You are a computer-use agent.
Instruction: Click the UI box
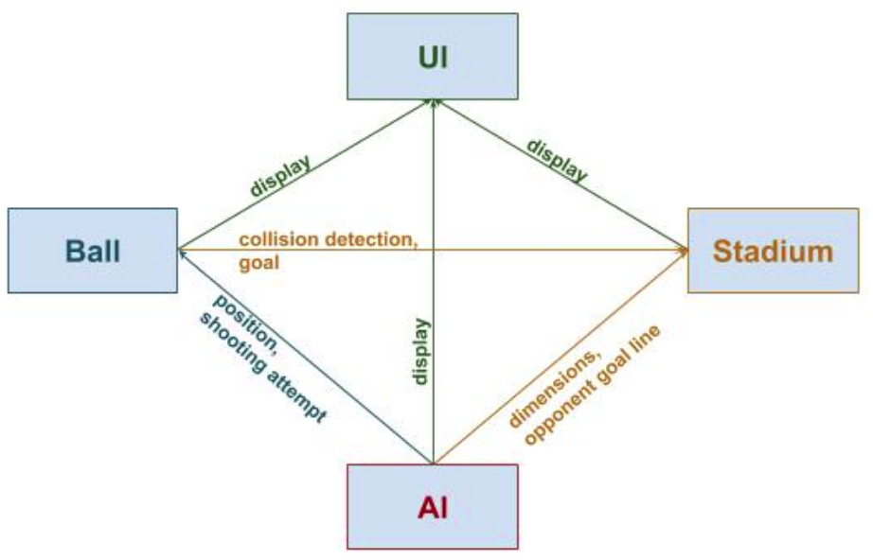(432, 56)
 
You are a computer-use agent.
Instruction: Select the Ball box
(93, 251)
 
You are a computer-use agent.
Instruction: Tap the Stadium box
(773, 251)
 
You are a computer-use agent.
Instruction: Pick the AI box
(433, 507)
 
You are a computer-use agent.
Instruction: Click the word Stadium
(773, 252)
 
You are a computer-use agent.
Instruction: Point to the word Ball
(94, 252)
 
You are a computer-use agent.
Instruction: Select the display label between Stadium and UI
(558, 161)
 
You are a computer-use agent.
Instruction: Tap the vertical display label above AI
(420, 351)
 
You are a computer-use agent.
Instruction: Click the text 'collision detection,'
(328, 240)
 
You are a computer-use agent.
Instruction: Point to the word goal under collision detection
(258, 263)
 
